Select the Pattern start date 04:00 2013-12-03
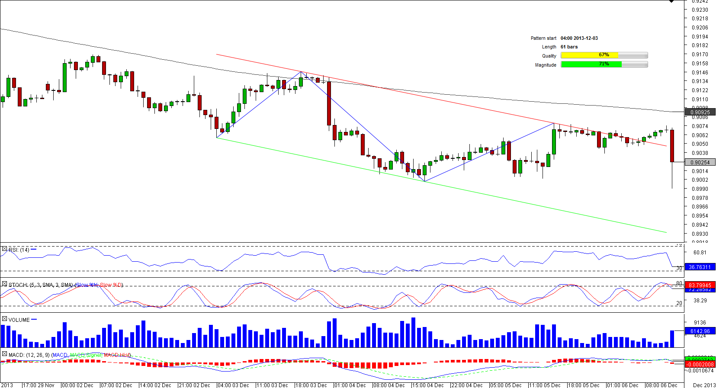tap(579, 38)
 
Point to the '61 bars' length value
tap(569, 47)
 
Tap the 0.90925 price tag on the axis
tap(700, 112)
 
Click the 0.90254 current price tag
tap(700, 162)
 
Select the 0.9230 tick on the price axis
tap(700, 10)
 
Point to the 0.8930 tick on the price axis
tap(700, 234)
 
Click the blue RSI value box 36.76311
tap(700, 267)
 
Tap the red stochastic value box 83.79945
tap(700, 285)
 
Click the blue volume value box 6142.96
tap(700, 331)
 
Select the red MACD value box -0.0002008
tap(700, 365)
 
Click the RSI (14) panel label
tap(19, 250)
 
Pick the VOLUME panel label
tap(19, 320)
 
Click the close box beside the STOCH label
tap(4, 284)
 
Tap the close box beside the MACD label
tap(4, 354)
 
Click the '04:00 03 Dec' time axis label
tap(233, 385)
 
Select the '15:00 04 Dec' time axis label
tap(428, 385)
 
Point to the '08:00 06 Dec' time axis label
tap(661, 385)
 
